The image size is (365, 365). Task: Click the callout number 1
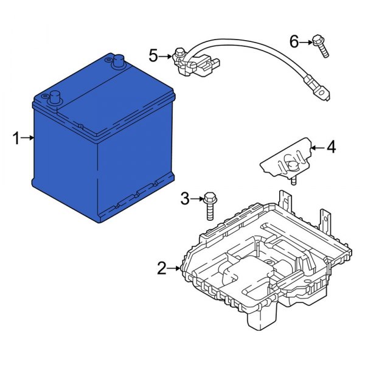point(16,139)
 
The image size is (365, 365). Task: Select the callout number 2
point(161,268)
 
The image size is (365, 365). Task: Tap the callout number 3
point(185,198)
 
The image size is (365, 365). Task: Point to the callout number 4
point(330,147)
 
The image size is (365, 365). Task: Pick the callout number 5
point(154,56)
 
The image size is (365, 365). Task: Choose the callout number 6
point(294,41)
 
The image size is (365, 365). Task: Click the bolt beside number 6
point(321,46)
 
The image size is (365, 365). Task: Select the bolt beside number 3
point(210,205)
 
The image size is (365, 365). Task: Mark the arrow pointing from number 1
point(28,139)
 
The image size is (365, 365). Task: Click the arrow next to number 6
point(307,41)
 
